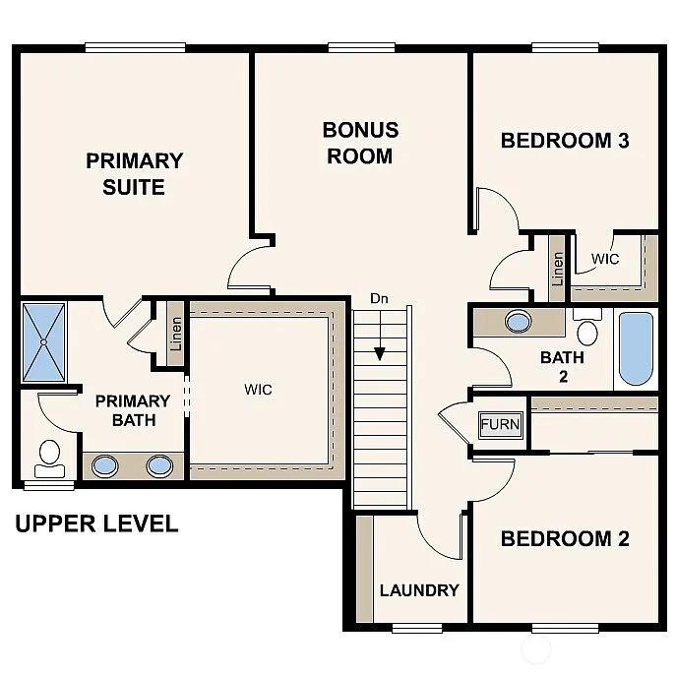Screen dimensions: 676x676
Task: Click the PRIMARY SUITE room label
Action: (x=134, y=173)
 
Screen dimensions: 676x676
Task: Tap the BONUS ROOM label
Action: (x=360, y=143)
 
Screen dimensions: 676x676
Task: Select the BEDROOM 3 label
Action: (x=565, y=141)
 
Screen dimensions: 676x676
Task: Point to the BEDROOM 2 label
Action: (x=565, y=539)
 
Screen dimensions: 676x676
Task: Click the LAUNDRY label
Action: (x=419, y=590)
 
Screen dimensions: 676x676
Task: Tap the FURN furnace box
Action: (x=499, y=425)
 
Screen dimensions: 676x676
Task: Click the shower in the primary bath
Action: (x=44, y=342)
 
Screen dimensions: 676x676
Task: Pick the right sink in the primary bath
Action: (x=159, y=465)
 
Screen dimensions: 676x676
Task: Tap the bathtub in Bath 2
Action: (x=636, y=349)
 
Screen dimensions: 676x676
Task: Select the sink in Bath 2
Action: (x=518, y=321)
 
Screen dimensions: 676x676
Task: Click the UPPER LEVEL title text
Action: (x=96, y=523)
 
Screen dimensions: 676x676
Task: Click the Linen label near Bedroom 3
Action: (x=558, y=268)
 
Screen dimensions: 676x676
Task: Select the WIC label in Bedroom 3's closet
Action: (x=605, y=259)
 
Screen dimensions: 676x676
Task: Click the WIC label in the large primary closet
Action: (x=258, y=390)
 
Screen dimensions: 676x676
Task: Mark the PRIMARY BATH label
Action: (x=132, y=411)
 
